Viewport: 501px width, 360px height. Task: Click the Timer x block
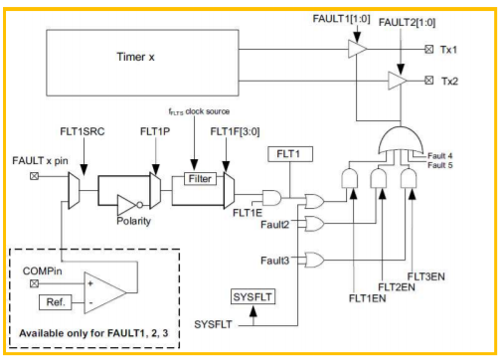point(142,63)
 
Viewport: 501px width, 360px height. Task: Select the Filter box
point(200,179)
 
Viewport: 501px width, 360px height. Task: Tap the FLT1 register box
point(290,154)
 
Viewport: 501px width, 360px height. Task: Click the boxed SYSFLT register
point(252,296)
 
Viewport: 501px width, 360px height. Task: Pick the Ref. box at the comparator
point(56,302)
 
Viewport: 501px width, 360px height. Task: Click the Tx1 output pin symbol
point(429,50)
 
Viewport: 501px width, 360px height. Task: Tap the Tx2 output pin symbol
point(429,81)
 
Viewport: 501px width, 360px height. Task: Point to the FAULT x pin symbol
point(34,176)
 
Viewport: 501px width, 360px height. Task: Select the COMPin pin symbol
point(34,283)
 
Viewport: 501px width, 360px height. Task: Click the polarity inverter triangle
point(127,205)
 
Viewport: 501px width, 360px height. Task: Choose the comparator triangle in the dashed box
point(105,292)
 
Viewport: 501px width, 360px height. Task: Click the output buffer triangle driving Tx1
point(357,49)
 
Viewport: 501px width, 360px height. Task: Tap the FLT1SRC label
point(83,131)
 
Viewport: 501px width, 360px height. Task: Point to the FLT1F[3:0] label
point(235,131)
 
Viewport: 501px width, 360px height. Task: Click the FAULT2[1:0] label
point(407,23)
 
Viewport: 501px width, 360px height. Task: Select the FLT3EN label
point(425,276)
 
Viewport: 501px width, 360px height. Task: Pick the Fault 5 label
point(440,165)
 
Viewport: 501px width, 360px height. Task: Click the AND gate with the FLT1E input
point(271,198)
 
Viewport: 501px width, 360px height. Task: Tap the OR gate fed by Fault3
point(314,260)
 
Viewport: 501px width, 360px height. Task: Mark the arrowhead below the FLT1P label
point(155,169)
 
